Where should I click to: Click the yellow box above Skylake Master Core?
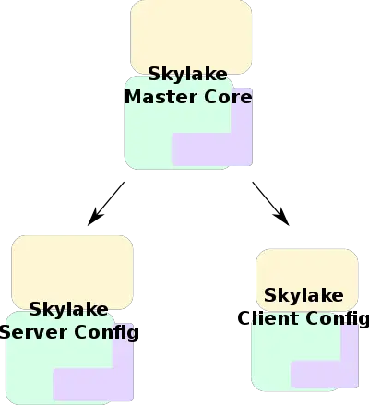tap(191, 33)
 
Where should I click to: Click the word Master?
tap(155, 96)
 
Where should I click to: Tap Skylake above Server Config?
tap(68, 309)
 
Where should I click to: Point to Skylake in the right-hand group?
tap(304, 296)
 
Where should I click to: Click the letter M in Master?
tap(133, 96)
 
